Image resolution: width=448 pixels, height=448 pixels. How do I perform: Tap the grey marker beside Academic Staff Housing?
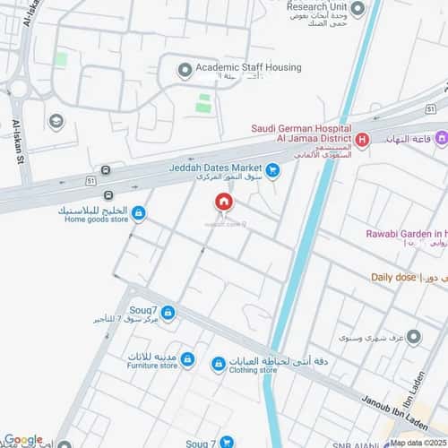click(185, 69)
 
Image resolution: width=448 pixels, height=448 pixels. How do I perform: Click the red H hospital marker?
click(362, 139)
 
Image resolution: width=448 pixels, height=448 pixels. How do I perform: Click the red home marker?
click(222, 202)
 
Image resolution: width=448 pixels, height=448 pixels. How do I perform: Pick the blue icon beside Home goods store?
click(139, 213)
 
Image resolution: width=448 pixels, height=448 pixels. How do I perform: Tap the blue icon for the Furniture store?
click(187, 359)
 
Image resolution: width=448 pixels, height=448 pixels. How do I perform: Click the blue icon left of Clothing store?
click(219, 364)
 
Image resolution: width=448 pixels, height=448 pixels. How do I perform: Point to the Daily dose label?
click(394, 278)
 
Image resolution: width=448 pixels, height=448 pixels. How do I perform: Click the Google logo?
click(22, 439)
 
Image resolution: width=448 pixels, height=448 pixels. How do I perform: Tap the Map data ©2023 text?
click(417, 443)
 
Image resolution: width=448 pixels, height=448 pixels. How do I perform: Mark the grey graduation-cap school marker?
click(56, 122)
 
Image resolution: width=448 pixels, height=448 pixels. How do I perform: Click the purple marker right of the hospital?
click(440, 139)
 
